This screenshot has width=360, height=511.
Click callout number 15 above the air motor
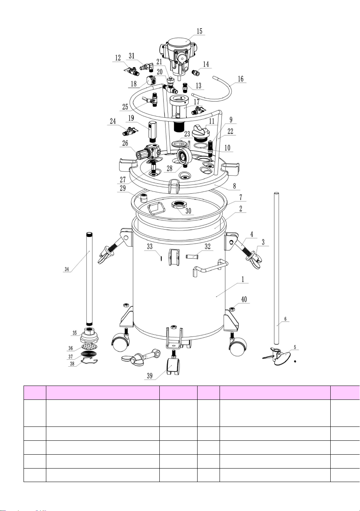coord(199,31)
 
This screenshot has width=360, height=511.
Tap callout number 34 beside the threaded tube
coord(67,269)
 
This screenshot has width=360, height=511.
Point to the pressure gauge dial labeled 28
coord(184,156)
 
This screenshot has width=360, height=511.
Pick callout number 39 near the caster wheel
coord(150,376)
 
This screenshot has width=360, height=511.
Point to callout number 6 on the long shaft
coord(285,319)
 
